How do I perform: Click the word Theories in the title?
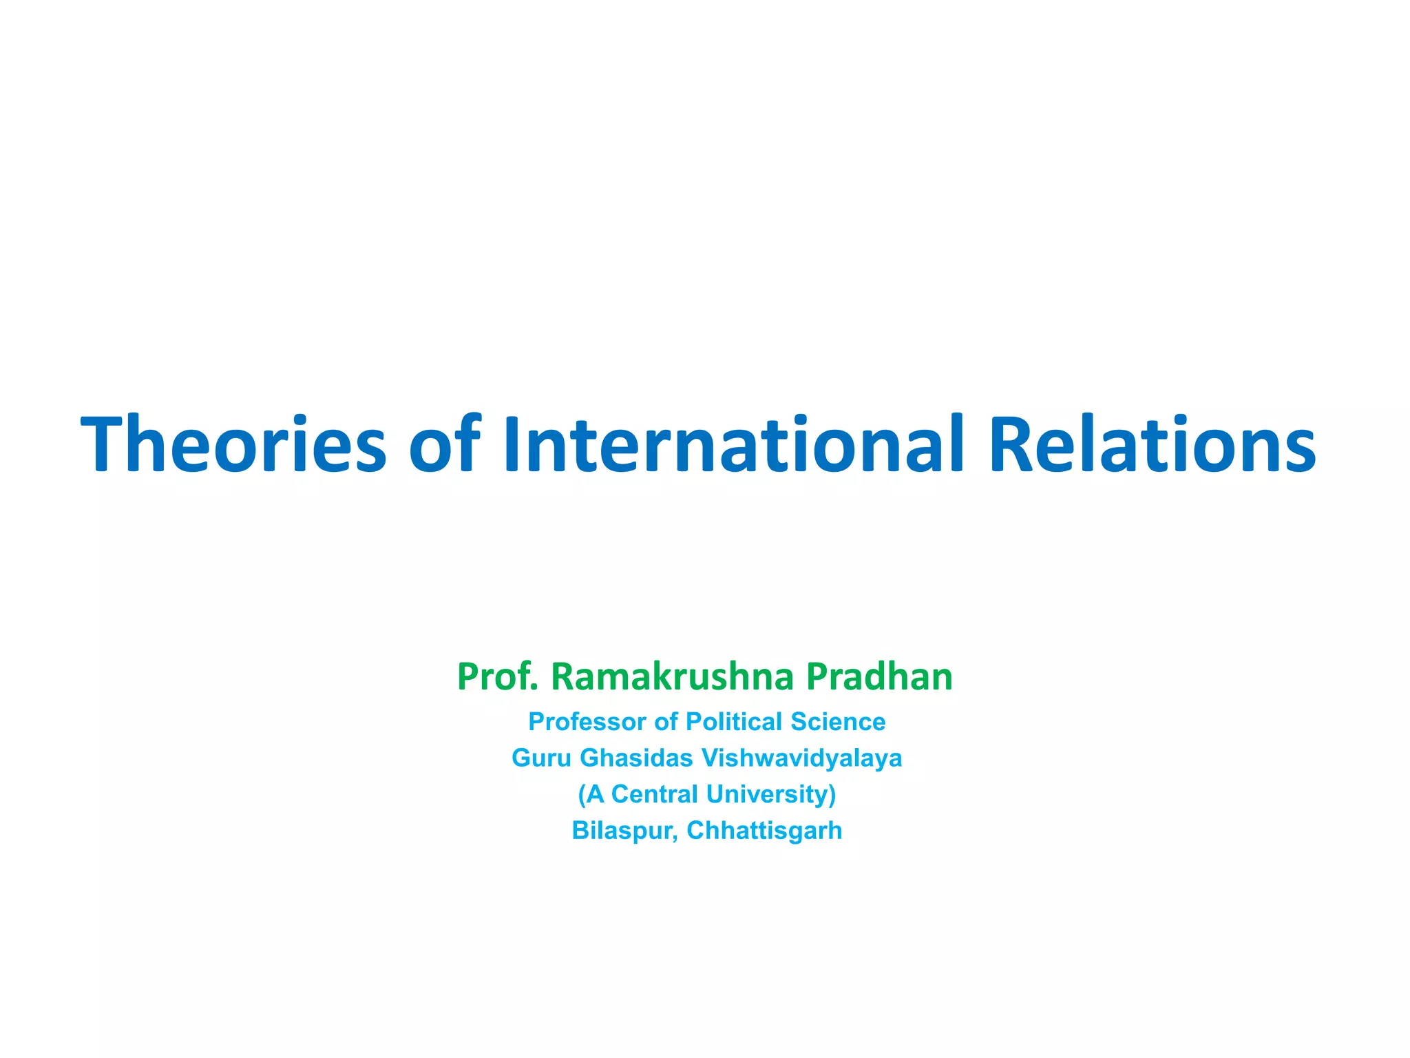234,444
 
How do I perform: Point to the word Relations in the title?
1153,444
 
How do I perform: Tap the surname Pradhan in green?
879,676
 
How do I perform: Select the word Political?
735,722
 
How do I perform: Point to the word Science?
838,722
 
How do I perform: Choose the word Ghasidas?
636,758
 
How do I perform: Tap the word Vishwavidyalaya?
801,758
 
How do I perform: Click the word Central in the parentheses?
654,794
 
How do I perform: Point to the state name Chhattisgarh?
764,831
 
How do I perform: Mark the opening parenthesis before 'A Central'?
582,794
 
